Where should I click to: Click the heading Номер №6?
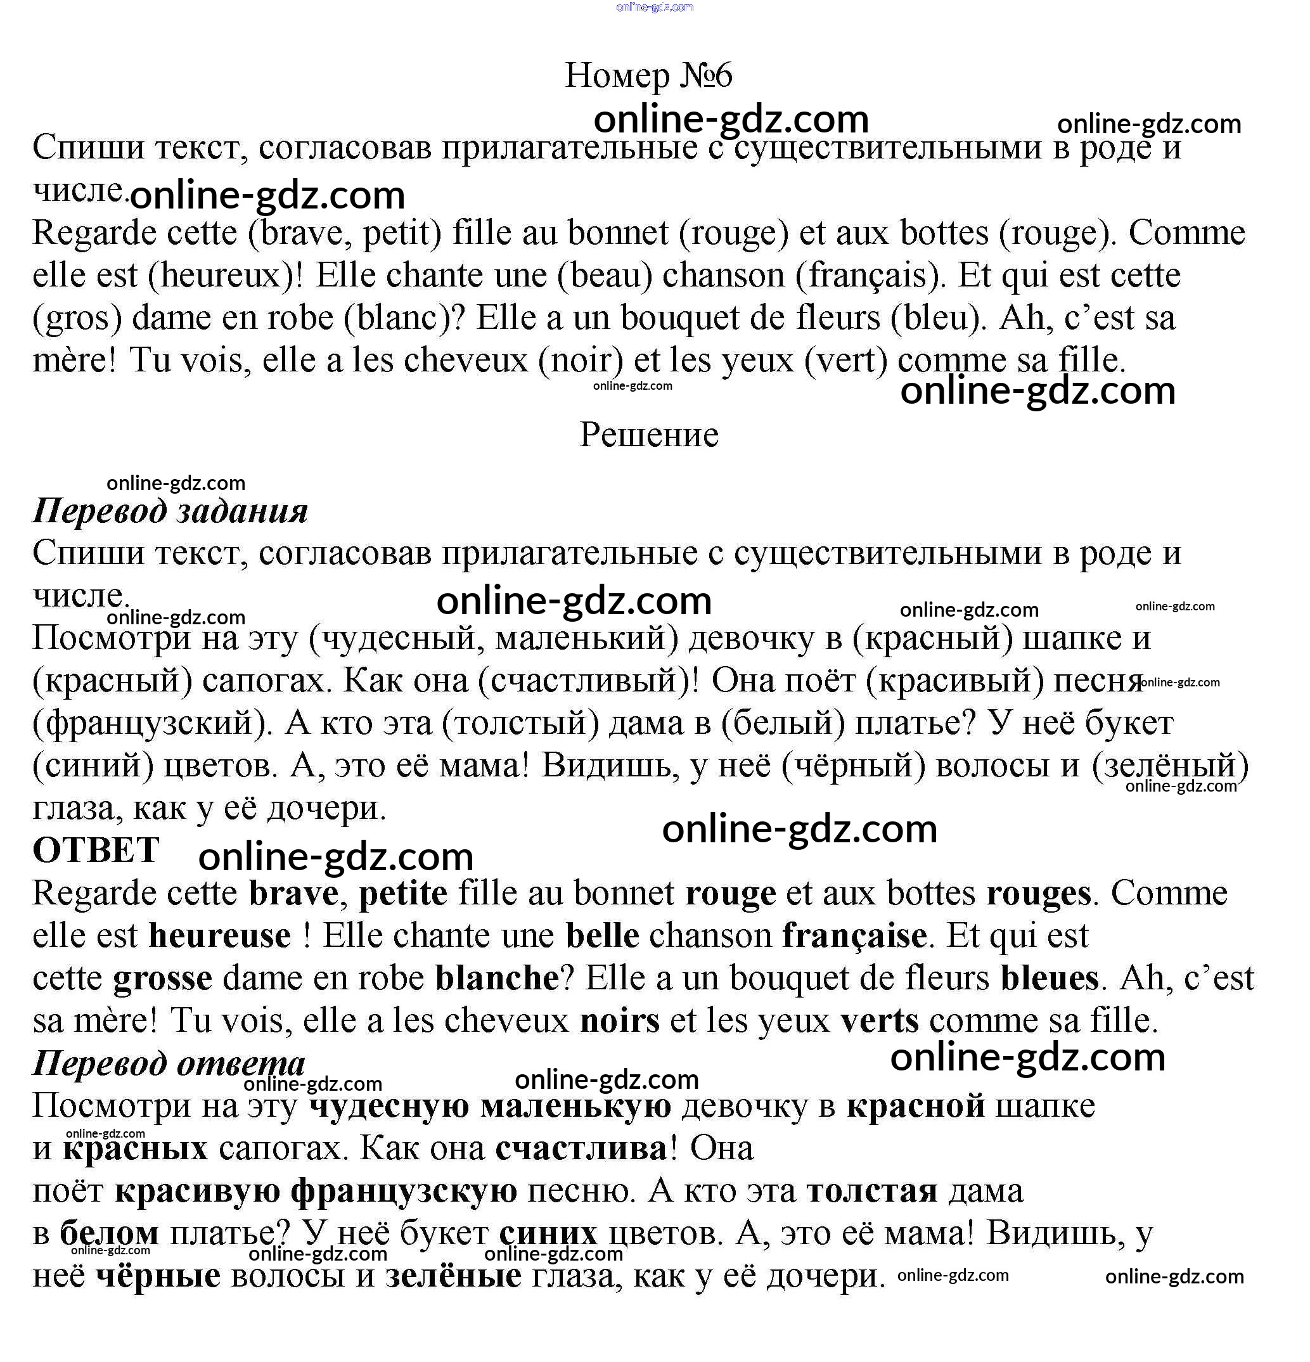(x=648, y=75)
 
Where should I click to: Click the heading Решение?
(x=648, y=435)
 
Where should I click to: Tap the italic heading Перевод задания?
(x=170, y=511)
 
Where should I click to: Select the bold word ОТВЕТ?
(x=96, y=851)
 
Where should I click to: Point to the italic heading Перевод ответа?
(x=169, y=1064)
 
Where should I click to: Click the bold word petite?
(x=403, y=894)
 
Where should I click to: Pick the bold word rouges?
(x=1038, y=894)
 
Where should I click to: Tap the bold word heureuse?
(x=220, y=936)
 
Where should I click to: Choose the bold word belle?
(x=603, y=936)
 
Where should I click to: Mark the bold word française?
(x=854, y=936)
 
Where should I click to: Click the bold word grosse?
(x=163, y=979)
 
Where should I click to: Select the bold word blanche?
(x=497, y=979)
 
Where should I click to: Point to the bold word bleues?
(x=1050, y=979)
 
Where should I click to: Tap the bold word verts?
(x=879, y=1021)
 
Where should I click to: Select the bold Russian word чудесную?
(x=389, y=1107)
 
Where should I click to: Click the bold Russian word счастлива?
(x=581, y=1148)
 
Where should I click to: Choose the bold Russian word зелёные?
(x=453, y=1276)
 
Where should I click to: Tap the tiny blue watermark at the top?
(x=655, y=7)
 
